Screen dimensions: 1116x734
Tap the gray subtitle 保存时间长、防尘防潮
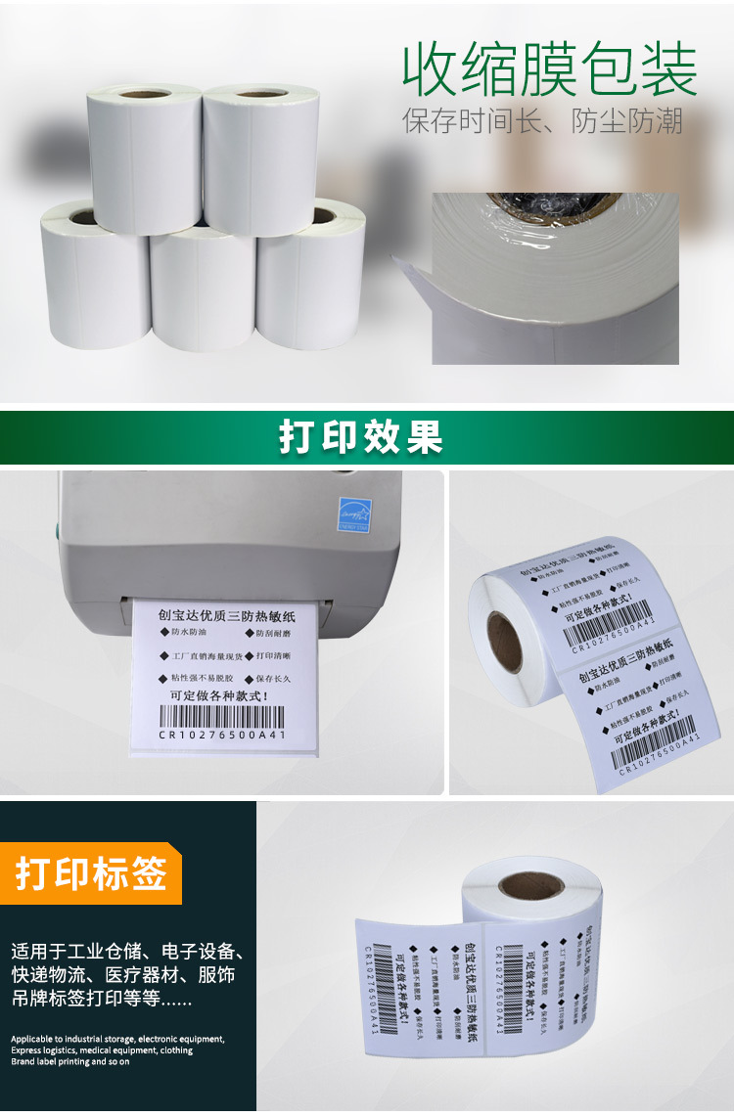coord(542,122)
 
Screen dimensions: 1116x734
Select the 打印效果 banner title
coord(361,437)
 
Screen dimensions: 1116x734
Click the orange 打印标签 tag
coord(90,873)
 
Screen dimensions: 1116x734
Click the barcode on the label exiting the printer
coord(221,716)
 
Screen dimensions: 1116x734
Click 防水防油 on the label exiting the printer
coord(186,633)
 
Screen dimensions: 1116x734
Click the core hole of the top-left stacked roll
coord(144,94)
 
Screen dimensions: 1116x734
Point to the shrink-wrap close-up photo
coord(555,278)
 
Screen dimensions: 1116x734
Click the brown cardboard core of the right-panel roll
coord(504,639)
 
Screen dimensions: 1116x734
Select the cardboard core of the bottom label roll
coord(529,889)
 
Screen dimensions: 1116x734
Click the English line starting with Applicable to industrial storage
coord(117,1039)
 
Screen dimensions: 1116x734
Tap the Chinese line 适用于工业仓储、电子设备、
coord(127,951)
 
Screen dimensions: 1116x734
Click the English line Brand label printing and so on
coord(70,1061)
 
